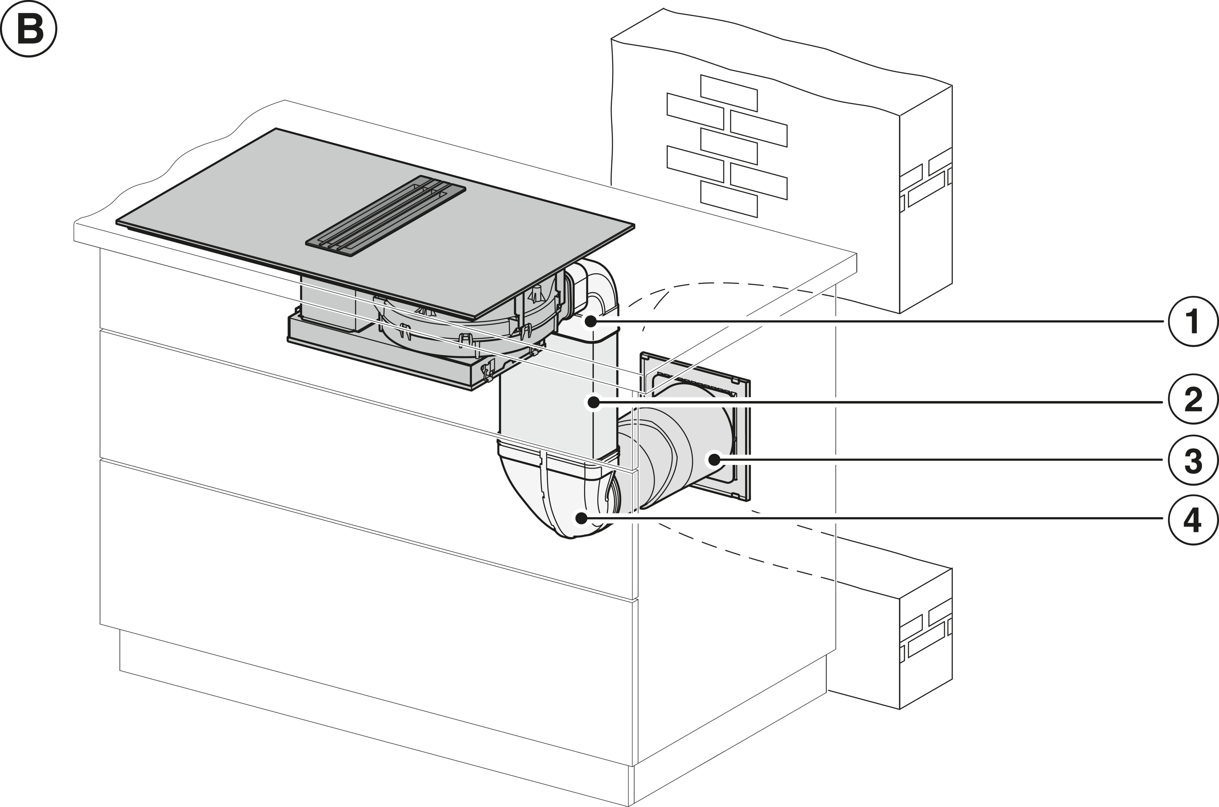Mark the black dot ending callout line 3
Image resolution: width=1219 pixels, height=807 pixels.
[x=714, y=459]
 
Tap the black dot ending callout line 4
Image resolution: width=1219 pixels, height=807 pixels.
[x=581, y=518]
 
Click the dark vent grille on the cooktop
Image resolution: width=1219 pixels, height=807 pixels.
[x=386, y=216]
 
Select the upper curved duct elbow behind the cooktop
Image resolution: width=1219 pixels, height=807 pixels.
[x=591, y=291]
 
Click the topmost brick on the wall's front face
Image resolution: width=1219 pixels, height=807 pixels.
[x=729, y=93]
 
